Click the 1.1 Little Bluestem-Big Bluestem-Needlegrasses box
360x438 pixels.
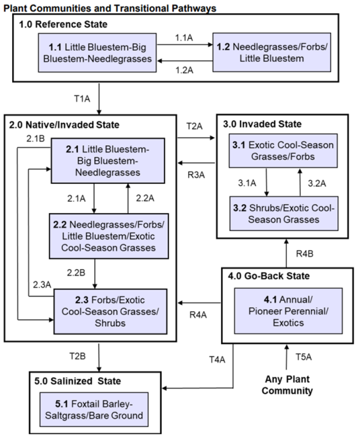click(98, 52)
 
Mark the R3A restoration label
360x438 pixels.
click(196, 175)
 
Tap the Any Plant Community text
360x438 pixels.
click(288, 385)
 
